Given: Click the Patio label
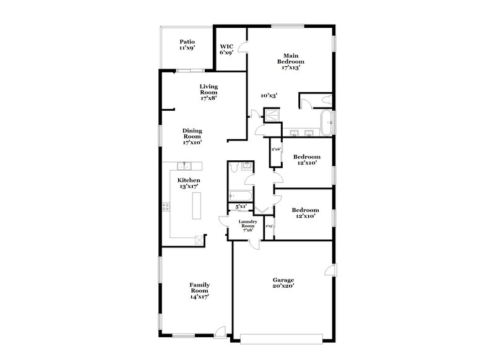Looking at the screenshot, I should (187, 45).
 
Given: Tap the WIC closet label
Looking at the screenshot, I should (226, 49).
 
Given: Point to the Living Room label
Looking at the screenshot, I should (208, 92).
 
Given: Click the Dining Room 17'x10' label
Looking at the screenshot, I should (192, 136).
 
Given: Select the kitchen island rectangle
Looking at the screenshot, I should (197, 205).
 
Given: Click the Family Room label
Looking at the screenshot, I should (199, 291).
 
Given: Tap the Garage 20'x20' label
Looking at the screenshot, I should (283, 283).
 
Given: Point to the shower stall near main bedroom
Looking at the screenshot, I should (271, 114).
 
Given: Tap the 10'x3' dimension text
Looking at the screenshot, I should (269, 95).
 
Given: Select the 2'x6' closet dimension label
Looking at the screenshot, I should (276, 149).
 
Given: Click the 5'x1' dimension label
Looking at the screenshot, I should (241, 206).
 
